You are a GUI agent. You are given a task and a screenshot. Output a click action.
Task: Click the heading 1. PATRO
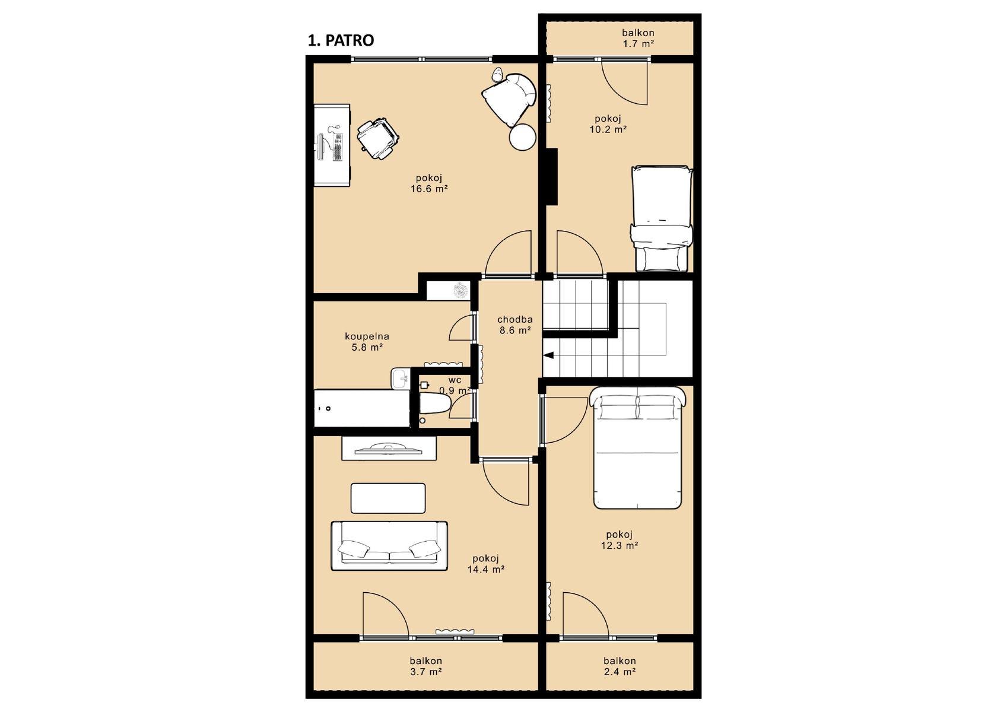click(340, 40)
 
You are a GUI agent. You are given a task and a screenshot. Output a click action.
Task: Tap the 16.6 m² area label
click(429, 189)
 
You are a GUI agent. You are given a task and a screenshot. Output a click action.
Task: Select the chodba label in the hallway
click(514, 320)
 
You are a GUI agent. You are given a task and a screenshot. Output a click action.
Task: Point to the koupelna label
click(367, 336)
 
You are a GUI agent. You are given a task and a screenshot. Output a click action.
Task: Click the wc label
click(455, 380)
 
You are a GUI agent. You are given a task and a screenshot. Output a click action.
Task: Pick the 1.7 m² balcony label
click(638, 44)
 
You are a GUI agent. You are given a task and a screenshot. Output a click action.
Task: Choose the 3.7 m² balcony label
click(425, 672)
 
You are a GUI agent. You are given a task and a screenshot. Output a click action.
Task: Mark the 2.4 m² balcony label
click(620, 672)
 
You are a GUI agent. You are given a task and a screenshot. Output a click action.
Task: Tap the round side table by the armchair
click(522, 136)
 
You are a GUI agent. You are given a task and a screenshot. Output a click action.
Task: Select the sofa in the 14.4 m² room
click(389, 546)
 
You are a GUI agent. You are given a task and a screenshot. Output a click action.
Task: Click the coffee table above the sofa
click(388, 498)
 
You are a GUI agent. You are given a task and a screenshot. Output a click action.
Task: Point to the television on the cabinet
click(389, 450)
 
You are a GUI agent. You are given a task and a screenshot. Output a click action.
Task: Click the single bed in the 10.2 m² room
click(661, 218)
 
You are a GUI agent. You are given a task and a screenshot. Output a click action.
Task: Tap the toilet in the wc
click(435, 403)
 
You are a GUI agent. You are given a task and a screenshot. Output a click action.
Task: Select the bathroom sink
click(400, 379)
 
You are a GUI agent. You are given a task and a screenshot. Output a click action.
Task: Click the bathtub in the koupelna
click(362, 408)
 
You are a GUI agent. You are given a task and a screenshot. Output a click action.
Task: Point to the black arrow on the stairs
click(548, 355)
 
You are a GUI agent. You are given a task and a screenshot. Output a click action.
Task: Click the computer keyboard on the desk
click(338, 147)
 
